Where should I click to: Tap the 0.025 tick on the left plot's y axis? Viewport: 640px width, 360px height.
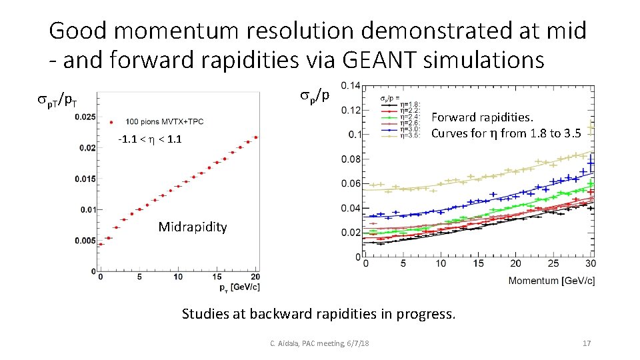(x=85, y=117)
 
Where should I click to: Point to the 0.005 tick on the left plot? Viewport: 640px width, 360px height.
(x=85, y=240)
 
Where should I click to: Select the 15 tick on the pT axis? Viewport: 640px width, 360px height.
(x=217, y=277)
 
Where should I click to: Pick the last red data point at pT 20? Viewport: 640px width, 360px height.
(x=256, y=137)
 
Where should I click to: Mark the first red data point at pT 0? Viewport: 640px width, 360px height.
(x=100, y=244)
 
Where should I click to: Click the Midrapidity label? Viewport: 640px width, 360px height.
(x=193, y=227)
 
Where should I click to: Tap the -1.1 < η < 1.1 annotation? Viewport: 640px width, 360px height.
(x=149, y=139)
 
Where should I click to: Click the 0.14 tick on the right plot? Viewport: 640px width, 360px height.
(x=351, y=85)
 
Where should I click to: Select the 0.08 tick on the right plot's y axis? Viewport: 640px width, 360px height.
(x=351, y=159)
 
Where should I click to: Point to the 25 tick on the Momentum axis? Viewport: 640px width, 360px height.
(x=553, y=263)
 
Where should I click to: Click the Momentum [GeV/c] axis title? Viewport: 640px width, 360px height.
(x=551, y=281)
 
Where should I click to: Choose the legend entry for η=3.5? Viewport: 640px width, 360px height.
(x=408, y=135)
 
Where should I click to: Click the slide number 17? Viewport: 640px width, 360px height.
(x=587, y=343)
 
